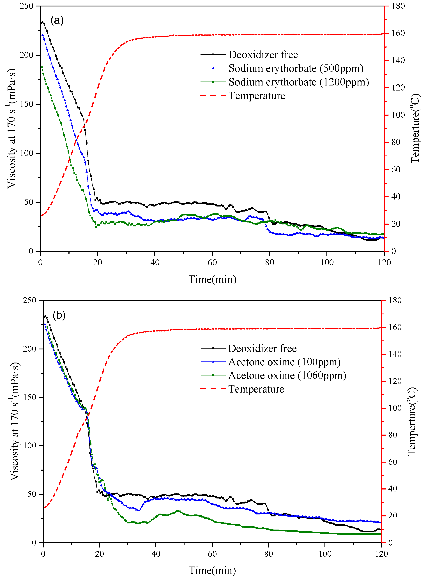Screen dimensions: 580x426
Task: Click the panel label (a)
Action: click(57, 20)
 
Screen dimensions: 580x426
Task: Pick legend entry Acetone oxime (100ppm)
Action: click(284, 362)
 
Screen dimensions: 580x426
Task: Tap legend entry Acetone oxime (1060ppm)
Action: click(287, 375)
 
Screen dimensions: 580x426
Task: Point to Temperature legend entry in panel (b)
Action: click(256, 389)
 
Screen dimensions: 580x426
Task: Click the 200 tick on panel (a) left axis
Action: click(27, 55)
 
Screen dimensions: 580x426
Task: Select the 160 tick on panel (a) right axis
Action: click(398, 33)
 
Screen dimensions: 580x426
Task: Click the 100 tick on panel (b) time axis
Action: click(325, 554)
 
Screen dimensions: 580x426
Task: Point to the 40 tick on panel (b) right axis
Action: click(392, 489)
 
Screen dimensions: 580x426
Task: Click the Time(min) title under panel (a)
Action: click(212, 279)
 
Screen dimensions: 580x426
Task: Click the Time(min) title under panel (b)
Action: click(212, 570)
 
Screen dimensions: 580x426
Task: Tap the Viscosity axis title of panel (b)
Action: click(15, 421)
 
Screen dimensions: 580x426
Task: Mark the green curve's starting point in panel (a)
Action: click(42, 67)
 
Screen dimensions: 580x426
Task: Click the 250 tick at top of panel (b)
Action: click(29, 300)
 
